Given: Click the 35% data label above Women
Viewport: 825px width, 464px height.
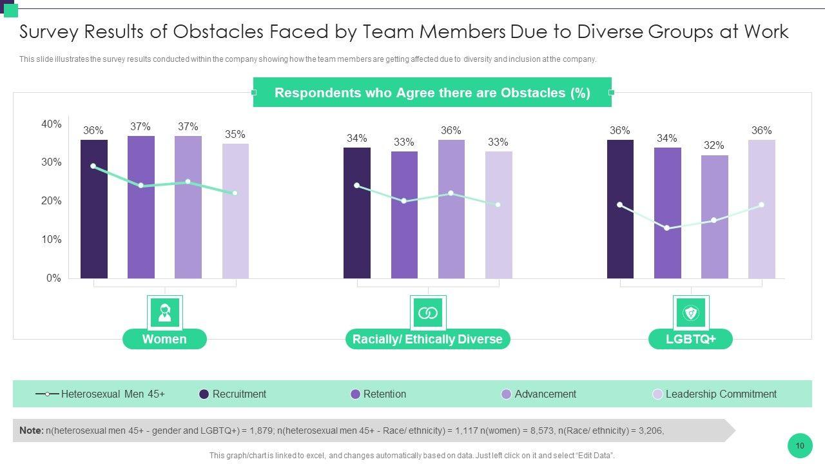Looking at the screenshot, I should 235,135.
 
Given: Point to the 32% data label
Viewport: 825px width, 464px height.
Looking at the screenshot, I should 713,146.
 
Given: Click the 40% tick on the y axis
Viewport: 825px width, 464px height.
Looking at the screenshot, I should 52,124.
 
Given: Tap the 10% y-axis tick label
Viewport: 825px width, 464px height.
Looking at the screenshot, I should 52,240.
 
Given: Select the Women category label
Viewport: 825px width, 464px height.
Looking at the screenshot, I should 164,339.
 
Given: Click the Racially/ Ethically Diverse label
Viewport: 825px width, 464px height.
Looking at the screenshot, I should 427,339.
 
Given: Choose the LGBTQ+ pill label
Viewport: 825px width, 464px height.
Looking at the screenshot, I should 690,339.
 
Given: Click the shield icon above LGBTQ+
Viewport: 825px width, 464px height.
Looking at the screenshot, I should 690,313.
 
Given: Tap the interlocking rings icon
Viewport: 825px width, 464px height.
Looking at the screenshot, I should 428,313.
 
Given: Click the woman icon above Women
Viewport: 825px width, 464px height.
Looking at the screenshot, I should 164,313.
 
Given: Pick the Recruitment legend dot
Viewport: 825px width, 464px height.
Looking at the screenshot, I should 204,394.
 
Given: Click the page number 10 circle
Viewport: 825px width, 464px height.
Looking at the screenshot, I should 800,445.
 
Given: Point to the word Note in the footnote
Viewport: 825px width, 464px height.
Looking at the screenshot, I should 31,430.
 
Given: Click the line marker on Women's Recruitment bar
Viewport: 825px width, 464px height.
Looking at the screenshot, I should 93,166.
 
